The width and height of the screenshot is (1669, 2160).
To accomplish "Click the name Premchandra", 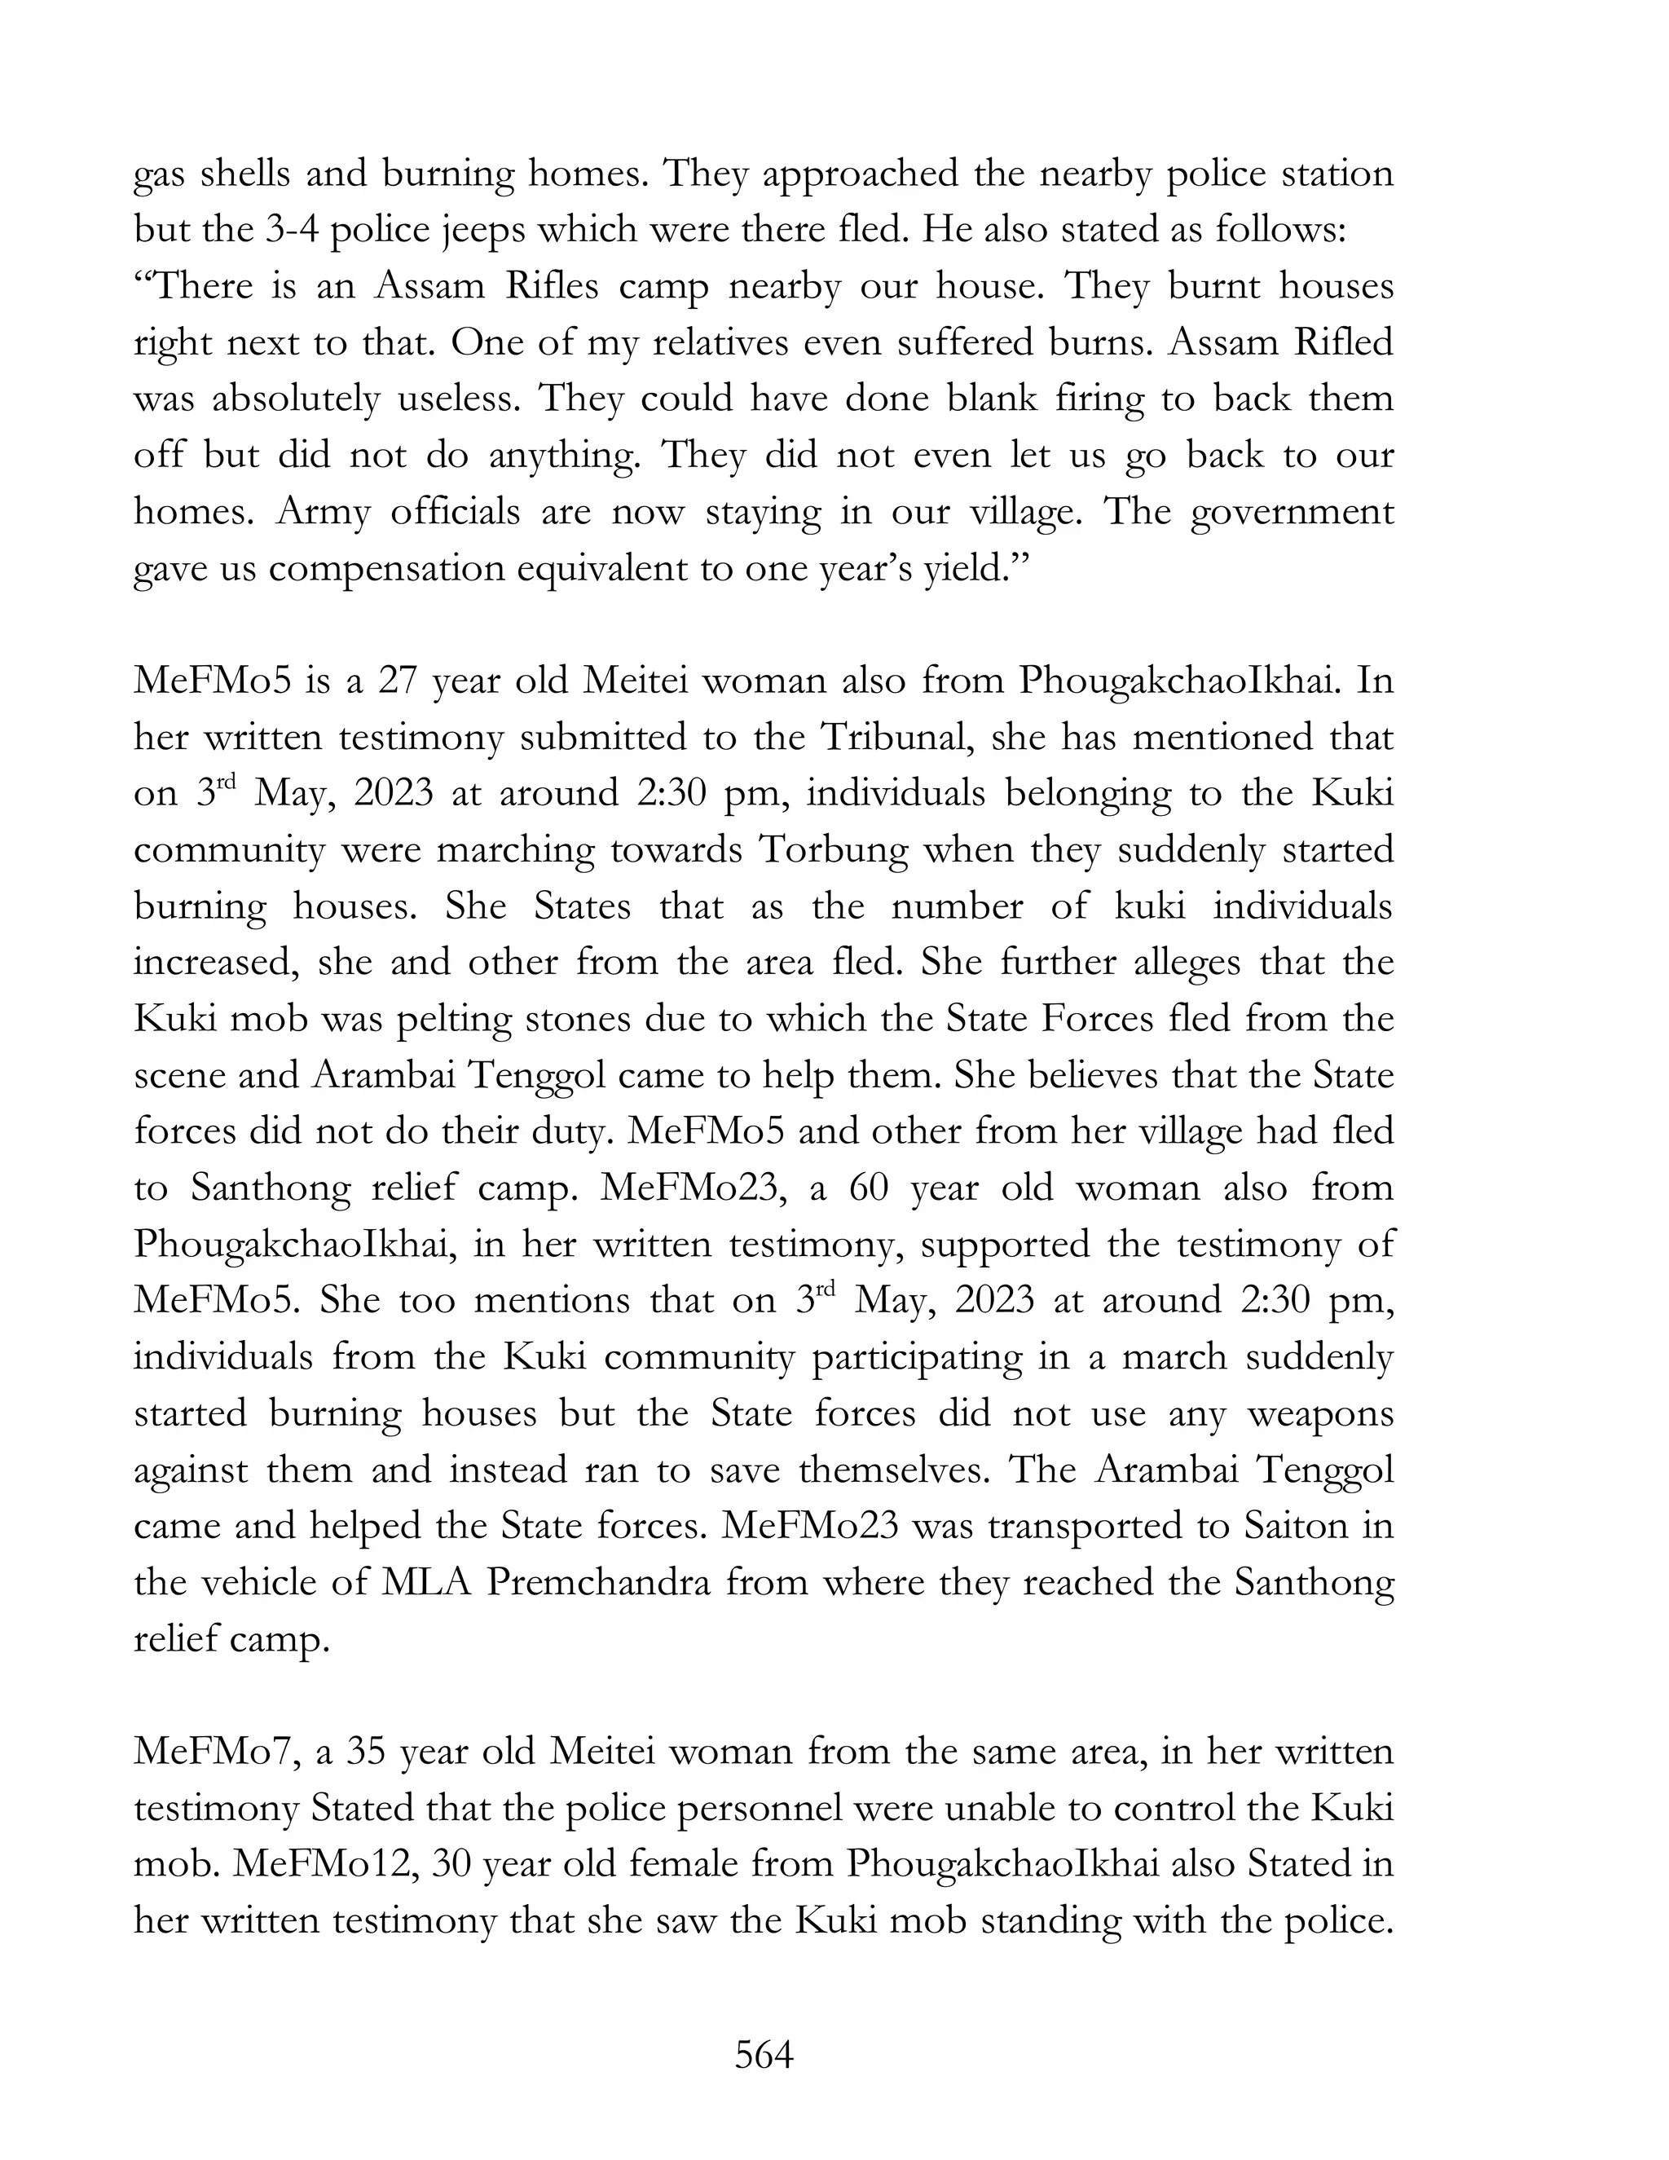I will click(598, 1581).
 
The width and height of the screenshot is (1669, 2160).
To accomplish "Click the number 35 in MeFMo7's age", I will click(366, 1751).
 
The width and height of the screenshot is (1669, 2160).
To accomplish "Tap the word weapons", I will click(1321, 1414).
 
